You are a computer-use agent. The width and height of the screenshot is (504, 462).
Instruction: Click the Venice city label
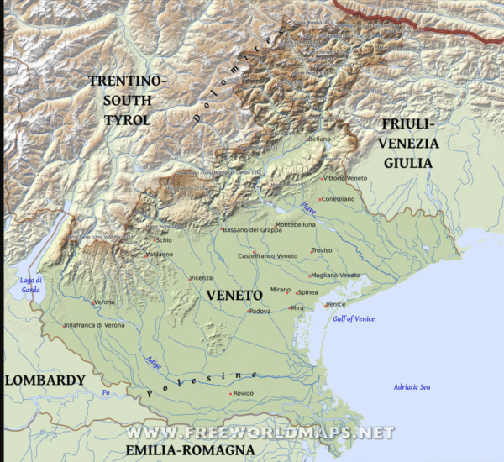(336, 304)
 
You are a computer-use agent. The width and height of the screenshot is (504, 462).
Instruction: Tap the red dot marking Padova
(249, 312)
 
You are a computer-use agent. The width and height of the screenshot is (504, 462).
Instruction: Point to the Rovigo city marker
(230, 393)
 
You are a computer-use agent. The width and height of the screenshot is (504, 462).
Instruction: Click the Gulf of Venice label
(354, 319)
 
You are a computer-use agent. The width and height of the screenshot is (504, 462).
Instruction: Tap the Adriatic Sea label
(412, 386)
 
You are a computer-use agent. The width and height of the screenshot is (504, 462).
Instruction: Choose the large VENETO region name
(232, 295)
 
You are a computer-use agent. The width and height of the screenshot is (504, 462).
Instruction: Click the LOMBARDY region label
(45, 381)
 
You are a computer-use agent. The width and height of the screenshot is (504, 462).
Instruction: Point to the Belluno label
(321, 139)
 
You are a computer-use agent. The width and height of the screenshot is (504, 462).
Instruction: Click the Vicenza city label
(202, 278)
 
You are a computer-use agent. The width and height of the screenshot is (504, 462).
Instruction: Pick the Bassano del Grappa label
(253, 230)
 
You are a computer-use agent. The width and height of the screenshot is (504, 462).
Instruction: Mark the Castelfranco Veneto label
(268, 255)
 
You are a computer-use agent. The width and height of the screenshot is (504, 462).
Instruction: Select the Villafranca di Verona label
(94, 324)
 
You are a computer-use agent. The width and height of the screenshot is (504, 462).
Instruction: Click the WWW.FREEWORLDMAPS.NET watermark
(260, 433)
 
